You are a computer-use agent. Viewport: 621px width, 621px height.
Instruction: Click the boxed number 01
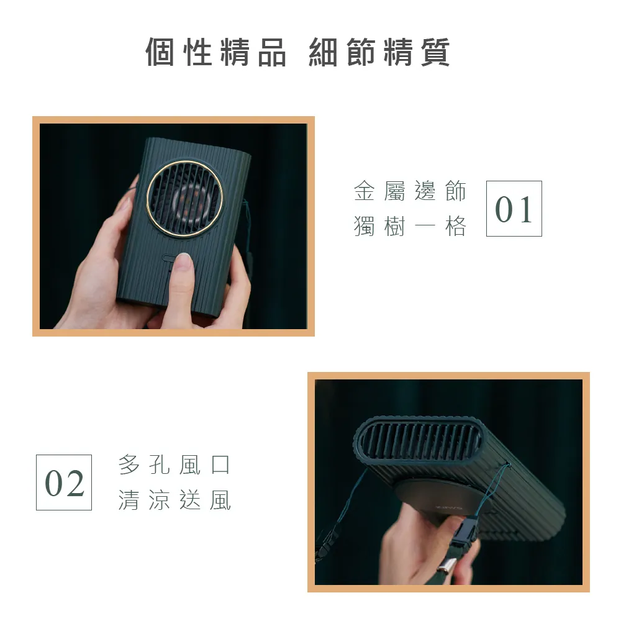(514, 209)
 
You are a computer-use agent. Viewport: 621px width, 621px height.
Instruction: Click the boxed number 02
(64, 483)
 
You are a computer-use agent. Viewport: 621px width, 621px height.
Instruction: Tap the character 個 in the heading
(160, 52)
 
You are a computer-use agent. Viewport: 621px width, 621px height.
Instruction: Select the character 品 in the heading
(272, 52)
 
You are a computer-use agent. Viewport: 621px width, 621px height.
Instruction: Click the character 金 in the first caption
(364, 191)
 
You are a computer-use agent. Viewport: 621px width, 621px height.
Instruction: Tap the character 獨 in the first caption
(364, 226)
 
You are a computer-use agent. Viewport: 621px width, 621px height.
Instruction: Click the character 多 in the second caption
(129, 465)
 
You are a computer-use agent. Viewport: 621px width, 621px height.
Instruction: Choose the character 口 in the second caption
(220, 465)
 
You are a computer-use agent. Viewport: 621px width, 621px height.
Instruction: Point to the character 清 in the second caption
(129, 500)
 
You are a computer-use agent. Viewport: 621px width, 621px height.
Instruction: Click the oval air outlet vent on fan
(419, 440)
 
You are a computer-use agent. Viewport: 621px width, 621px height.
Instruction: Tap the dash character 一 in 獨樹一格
(425, 227)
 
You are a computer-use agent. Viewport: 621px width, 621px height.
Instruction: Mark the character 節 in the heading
(361, 52)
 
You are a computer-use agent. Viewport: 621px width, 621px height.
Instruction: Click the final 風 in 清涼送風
(220, 500)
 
